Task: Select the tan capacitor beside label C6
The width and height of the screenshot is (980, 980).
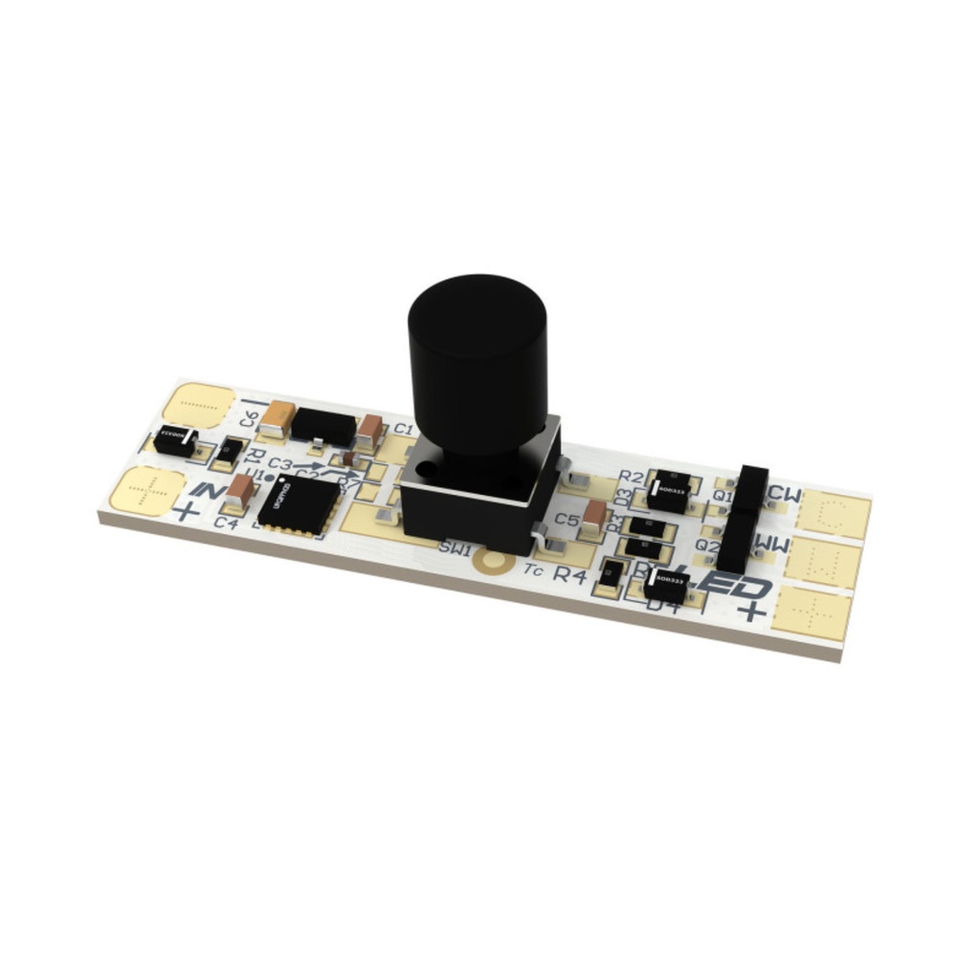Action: click(278, 417)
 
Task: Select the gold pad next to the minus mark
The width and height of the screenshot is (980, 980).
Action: click(199, 404)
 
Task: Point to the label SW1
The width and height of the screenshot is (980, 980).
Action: click(456, 547)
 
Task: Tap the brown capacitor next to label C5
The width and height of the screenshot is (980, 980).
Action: click(593, 518)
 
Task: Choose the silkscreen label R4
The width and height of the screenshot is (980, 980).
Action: click(570, 575)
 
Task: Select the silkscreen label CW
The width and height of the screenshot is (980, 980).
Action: click(785, 495)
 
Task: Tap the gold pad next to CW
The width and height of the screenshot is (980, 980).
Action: click(835, 514)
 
